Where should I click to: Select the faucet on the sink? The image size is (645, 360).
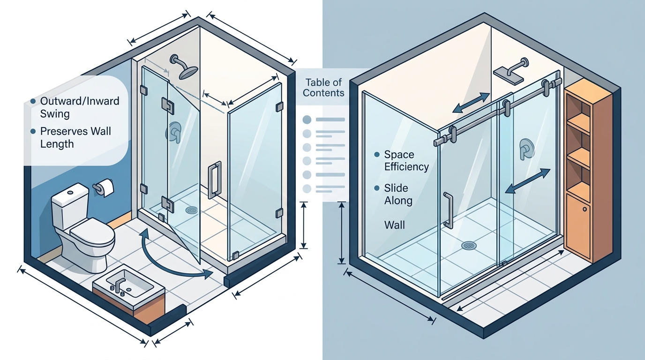(118, 284)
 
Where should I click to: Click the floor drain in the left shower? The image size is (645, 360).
(192, 210)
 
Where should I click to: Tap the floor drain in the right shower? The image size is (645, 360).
(469, 245)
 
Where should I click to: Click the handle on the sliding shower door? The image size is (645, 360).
(448, 210)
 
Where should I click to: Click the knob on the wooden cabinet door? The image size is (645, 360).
(585, 209)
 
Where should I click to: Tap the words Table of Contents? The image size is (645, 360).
(323, 88)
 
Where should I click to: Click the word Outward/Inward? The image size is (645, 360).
(80, 101)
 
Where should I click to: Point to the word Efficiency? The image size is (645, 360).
(406, 167)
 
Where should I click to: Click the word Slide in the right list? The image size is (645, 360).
(396, 188)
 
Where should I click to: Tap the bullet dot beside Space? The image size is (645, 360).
(376, 155)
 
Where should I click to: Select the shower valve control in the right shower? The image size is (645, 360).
(526, 149)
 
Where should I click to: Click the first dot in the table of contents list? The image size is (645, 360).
(307, 120)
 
